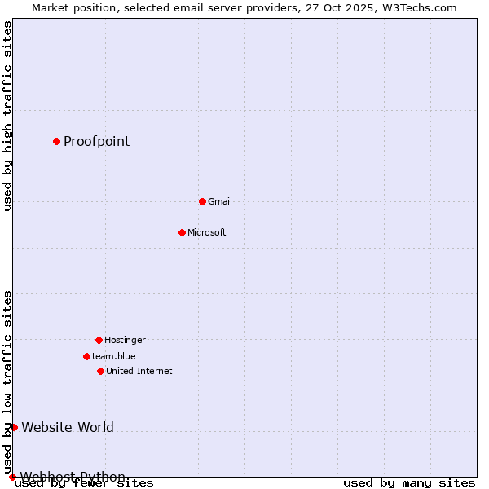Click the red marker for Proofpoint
pyautogui.click(x=56, y=141)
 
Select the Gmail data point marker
pyautogui.click(x=202, y=201)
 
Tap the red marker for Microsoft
pyautogui.click(x=182, y=232)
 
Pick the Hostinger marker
pyautogui.click(x=99, y=340)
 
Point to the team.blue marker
pyautogui.click(x=86, y=356)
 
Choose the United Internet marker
pyautogui.click(x=100, y=371)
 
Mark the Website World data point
pyautogui.click(x=14, y=427)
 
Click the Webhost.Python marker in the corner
pyautogui.click(x=12, y=477)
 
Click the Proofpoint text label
pyautogui.click(x=96, y=141)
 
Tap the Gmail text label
pyautogui.click(x=220, y=201)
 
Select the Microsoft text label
pyautogui.click(x=207, y=232)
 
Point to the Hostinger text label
pyautogui.click(x=125, y=340)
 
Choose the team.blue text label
pyautogui.click(x=114, y=356)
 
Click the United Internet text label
pyautogui.click(x=139, y=371)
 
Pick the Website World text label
pyautogui.click(x=68, y=427)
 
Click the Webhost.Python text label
pyautogui.click(x=73, y=476)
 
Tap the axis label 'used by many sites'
pyautogui.click(x=409, y=483)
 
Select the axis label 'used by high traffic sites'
pyautogui.click(x=7, y=116)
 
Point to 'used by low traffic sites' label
pyautogui.click(x=7, y=381)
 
